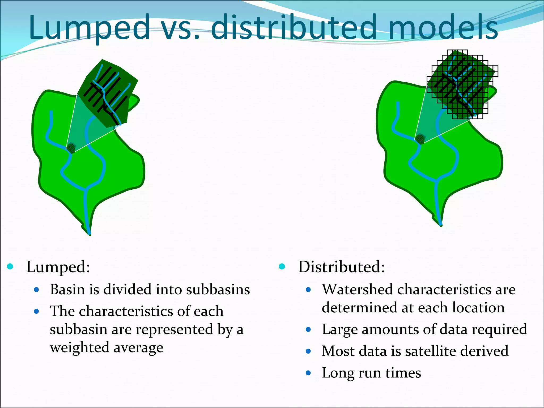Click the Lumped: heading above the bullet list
58,267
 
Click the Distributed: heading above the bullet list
342,267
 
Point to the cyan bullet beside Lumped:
10,266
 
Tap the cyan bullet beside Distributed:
282,266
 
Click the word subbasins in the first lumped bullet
218,290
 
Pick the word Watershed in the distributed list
358,290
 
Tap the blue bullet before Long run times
308,373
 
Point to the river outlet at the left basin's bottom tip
89,234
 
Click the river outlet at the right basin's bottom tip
441,225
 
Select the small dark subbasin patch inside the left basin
71,148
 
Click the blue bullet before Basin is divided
37,290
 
